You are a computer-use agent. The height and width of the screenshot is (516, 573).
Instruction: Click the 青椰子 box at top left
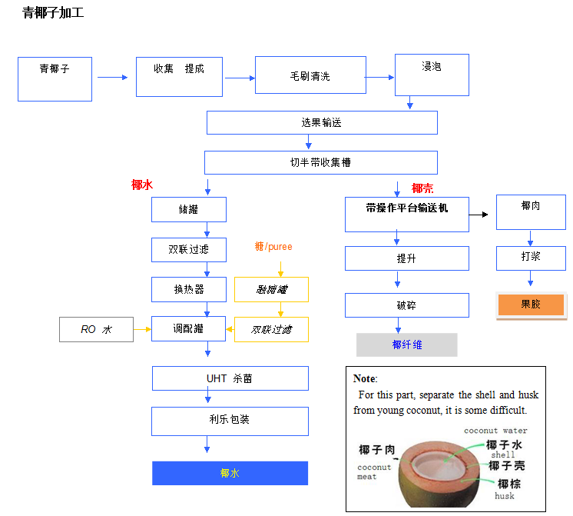[55, 78]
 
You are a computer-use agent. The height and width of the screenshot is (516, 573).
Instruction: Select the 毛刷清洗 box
[310, 75]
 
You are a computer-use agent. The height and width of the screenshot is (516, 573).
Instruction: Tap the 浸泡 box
[431, 74]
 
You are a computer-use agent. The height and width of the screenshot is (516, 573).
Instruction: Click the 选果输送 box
[321, 122]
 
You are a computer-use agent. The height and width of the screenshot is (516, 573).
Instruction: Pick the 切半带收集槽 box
[320, 162]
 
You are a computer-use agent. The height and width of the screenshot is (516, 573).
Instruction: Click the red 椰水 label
[142, 185]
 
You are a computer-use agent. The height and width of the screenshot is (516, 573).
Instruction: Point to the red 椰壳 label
[422, 188]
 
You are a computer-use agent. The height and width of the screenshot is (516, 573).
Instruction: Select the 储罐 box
[188, 209]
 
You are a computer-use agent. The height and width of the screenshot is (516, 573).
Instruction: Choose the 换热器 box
[188, 289]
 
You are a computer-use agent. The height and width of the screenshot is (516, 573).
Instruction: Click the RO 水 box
[96, 329]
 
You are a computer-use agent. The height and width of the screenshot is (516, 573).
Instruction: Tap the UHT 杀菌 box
[230, 378]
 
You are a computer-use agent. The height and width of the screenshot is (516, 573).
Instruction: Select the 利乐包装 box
[230, 421]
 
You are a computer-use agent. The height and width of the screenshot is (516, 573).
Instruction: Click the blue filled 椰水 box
[230, 473]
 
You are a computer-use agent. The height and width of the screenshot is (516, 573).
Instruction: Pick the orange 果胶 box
[531, 305]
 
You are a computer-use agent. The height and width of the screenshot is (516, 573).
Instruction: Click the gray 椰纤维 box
[406, 345]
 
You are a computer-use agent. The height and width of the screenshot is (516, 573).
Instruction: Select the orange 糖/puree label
[273, 247]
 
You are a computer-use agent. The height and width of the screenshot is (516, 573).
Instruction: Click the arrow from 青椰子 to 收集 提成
[112, 77]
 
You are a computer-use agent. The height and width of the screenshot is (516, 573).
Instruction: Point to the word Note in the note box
[364, 379]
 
